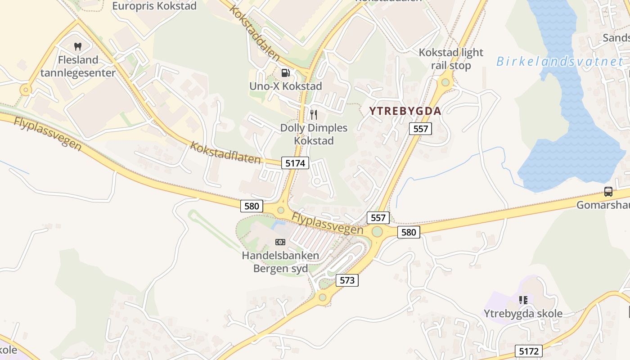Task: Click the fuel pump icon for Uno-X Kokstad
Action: click(285, 72)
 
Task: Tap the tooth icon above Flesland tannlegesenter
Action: click(77, 46)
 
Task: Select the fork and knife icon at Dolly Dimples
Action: click(314, 115)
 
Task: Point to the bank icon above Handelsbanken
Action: click(280, 242)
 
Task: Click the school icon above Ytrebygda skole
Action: click(523, 300)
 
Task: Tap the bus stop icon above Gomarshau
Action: click(608, 192)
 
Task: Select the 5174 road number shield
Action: click(295, 163)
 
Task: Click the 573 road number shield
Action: click(347, 280)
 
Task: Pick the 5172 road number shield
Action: click(529, 351)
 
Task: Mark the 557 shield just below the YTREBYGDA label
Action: click(421, 129)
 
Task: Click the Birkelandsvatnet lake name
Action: click(559, 62)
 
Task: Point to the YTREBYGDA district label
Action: click(405, 111)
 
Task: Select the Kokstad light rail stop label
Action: click(451, 59)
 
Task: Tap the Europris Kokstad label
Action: click(154, 6)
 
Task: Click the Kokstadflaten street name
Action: click(225, 153)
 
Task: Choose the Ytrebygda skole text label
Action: click(523, 313)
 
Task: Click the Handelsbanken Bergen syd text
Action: click(281, 262)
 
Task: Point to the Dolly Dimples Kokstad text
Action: click(314, 134)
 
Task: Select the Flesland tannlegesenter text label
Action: click(78, 66)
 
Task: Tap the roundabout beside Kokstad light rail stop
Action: click(445, 82)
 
